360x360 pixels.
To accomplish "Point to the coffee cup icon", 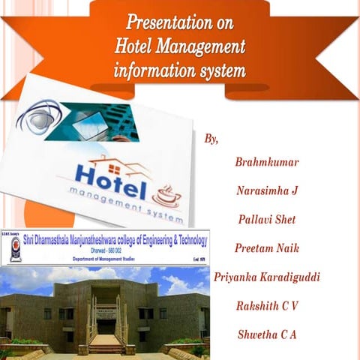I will point(166,196).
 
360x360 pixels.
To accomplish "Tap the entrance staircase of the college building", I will point(106,344).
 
